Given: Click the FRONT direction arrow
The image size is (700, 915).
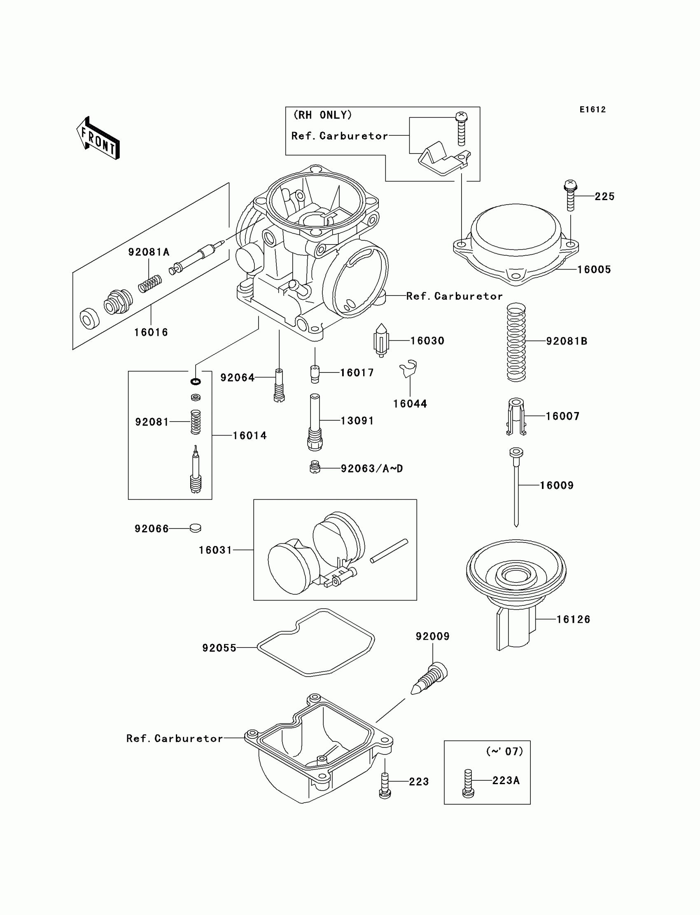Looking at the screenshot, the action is pos(98,138).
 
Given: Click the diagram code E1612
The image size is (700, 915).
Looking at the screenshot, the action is pos(593,109).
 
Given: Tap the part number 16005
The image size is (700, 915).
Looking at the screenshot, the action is pos(594,270).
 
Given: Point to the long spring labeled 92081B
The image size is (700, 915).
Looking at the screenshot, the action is pos(516,342).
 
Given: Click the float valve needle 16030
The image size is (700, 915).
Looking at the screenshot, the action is pos(381,340).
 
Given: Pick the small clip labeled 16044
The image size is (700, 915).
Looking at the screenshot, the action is pos(408,368).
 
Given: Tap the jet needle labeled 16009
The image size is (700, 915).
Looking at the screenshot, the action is pos(516,487).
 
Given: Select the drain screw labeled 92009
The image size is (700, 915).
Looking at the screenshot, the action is pos(429,678).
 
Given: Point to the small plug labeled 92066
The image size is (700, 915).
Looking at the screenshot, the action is pos(195,528).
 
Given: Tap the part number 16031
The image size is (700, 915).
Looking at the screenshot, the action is pos(215,550).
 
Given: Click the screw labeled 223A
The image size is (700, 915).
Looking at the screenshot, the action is pos(468,783).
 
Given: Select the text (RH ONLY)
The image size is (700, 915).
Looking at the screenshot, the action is pos(322,115).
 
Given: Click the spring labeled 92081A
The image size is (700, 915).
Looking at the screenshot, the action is pos(150,284).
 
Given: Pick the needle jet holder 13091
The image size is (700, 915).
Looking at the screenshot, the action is pos(315,422).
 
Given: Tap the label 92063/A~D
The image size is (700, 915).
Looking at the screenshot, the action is pos(372,468).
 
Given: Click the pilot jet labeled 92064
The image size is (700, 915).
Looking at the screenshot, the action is pos(279,385).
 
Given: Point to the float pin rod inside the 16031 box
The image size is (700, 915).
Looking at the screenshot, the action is pos(389,551).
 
